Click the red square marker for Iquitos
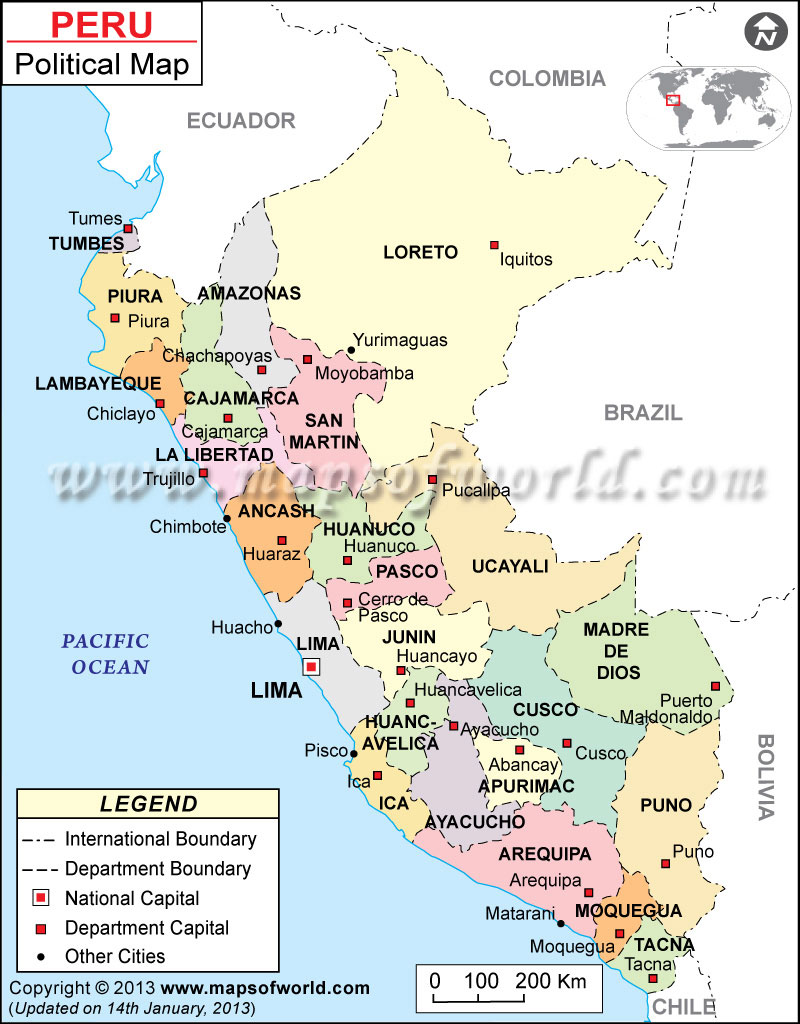click(494, 245)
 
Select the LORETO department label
click(420, 253)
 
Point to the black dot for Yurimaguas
click(351, 350)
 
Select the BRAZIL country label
click(642, 412)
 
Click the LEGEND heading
click(148, 804)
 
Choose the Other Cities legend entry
click(115, 956)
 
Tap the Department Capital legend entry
click(146, 928)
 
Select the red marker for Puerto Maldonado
click(715, 686)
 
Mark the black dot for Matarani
click(561, 923)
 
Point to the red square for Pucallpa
click(432, 480)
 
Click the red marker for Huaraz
click(281, 541)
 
